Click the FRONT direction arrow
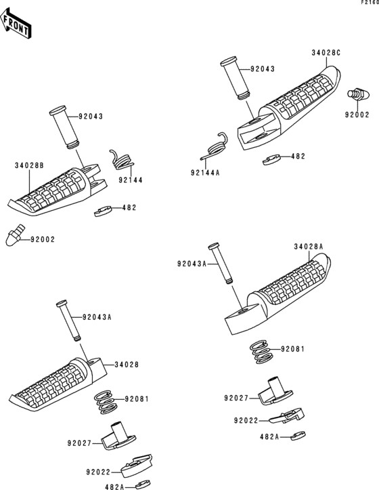(x=15, y=24)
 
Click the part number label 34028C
(x=326, y=53)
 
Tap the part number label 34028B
(x=29, y=165)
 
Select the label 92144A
(x=205, y=173)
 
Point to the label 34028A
(x=308, y=247)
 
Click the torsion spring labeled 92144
(x=122, y=160)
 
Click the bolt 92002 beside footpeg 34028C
(x=359, y=94)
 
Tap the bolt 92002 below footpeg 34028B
(x=14, y=234)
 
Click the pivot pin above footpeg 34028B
(x=64, y=127)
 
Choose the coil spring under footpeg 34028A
(x=262, y=352)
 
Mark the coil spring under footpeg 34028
(x=106, y=402)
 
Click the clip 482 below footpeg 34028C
(x=271, y=160)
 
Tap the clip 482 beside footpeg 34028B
(x=103, y=211)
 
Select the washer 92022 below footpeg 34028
(x=136, y=466)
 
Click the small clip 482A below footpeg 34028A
(x=298, y=436)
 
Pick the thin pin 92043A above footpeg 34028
(x=68, y=321)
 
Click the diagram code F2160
(x=370, y=3)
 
